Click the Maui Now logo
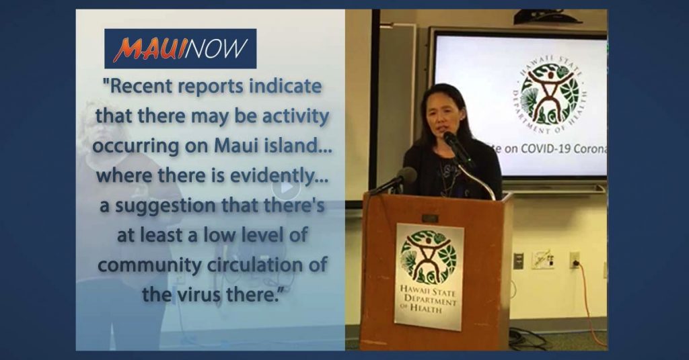pyautogui.click(x=180, y=48)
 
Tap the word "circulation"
pyautogui.click(x=256, y=265)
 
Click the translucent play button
pyautogui.click(x=286, y=187)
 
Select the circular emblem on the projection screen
pyautogui.click(x=552, y=93)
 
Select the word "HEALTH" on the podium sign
pyautogui.click(x=426, y=309)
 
